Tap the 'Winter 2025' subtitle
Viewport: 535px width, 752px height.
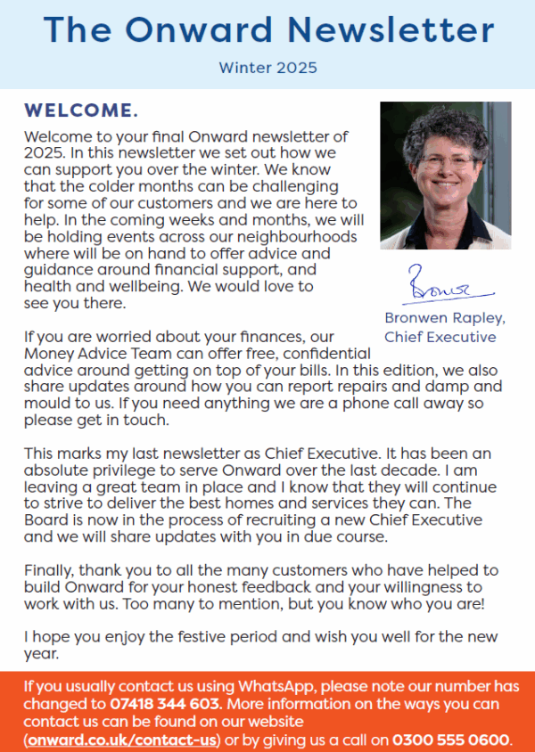point(267,67)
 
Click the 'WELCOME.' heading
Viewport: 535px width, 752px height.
point(81,111)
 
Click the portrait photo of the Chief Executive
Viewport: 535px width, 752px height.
point(445,176)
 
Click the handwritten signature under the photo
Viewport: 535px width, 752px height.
point(446,286)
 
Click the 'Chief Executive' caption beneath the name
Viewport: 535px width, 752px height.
point(440,336)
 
